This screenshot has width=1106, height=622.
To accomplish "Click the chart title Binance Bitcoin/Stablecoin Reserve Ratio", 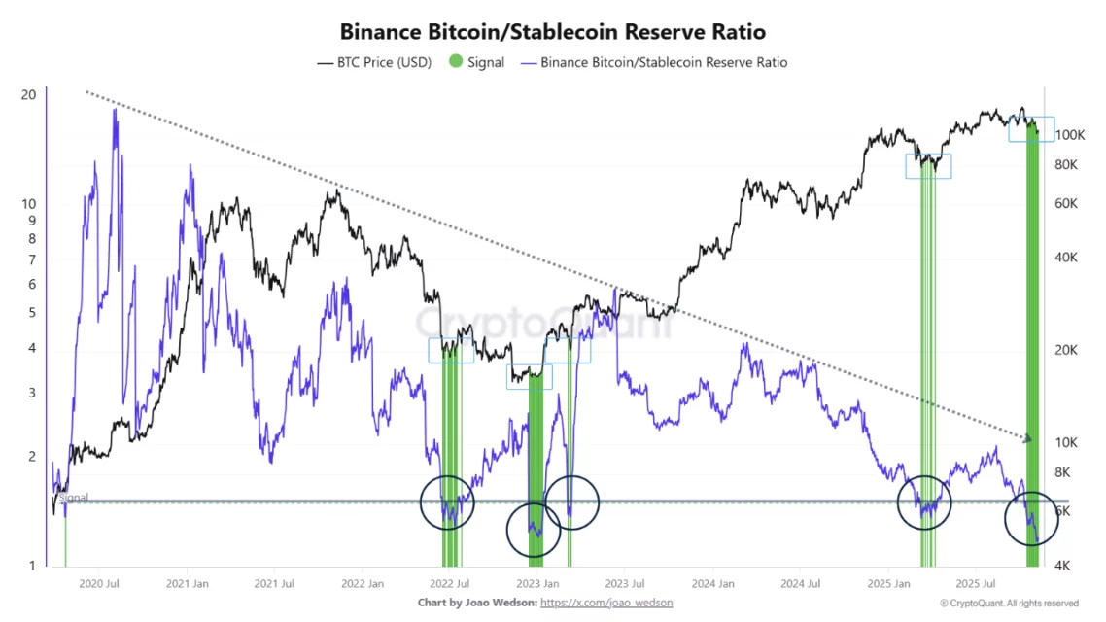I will tap(552, 31).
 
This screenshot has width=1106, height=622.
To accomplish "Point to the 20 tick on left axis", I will tap(28, 94).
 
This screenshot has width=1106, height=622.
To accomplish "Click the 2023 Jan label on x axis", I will tap(536, 584).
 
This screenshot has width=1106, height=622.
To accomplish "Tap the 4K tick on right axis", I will tap(1065, 565).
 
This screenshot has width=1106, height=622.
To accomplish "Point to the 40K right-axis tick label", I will tap(1068, 258).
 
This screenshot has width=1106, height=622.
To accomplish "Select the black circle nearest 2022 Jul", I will tap(448, 502).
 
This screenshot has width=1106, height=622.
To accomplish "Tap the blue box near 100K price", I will tap(1030, 129).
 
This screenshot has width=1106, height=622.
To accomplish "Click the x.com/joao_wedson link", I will tap(605, 603).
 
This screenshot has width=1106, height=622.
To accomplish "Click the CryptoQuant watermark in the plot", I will tap(544, 324).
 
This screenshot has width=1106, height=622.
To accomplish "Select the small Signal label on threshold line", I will tap(74, 498).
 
